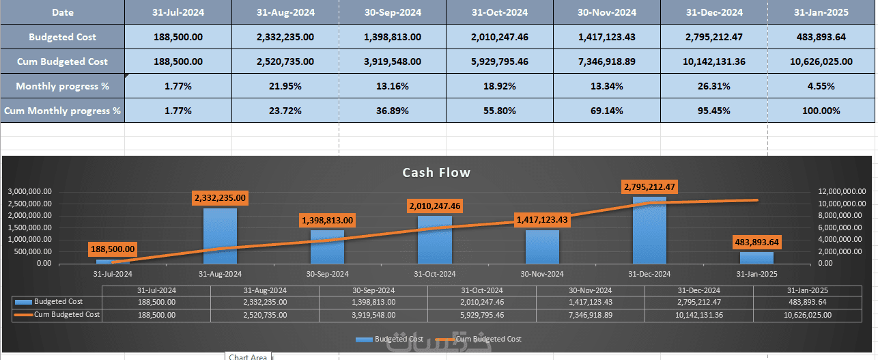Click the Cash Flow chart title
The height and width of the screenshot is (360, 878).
[x=436, y=173]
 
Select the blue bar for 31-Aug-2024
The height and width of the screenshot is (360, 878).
[x=220, y=236]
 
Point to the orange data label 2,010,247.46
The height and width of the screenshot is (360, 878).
[x=435, y=206]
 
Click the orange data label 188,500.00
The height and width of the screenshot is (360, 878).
[x=113, y=249]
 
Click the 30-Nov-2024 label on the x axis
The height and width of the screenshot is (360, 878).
[x=542, y=274]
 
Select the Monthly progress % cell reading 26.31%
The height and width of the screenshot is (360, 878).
[x=714, y=87]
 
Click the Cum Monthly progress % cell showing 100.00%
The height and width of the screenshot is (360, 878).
[x=821, y=111]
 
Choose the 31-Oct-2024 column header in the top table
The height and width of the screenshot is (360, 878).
[x=500, y=12]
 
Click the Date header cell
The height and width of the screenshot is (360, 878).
[x=62, y=12]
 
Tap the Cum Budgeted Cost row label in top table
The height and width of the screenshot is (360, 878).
[x=62, y=61]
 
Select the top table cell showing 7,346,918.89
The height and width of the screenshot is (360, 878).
[x=607, y=61]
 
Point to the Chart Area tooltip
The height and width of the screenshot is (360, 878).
[x=248, y=357]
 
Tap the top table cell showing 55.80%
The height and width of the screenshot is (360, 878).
[x=500, y=111]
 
